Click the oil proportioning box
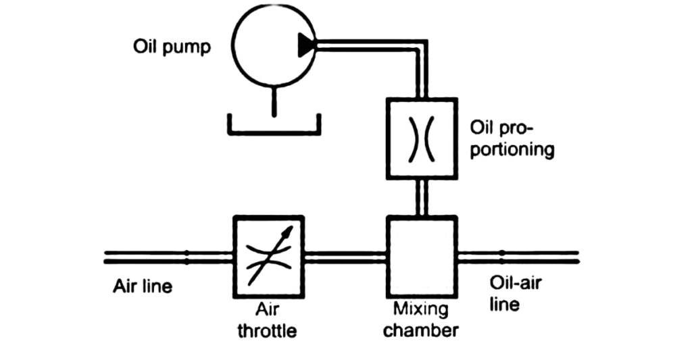tap(421, 138)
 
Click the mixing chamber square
tap(421, 257)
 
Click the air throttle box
tap(268, 257)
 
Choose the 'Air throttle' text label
tap(268, 322)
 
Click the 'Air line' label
tap(142, 286)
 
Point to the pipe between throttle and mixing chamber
tap(345, 257)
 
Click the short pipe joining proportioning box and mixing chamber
tap(421, 197)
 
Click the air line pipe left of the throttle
tap(169, 257)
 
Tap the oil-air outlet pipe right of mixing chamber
tap(517, 257)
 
